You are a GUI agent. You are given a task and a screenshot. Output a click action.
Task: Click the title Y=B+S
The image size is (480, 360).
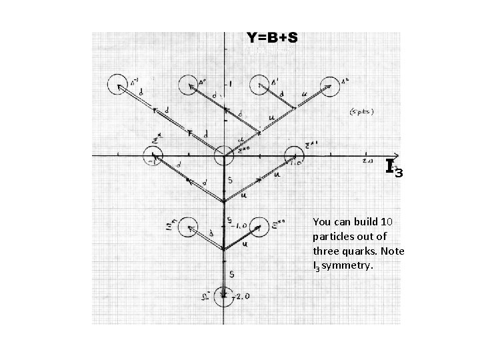point(272,37)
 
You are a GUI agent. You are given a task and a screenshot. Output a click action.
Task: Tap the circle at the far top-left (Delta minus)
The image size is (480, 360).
point(119,85)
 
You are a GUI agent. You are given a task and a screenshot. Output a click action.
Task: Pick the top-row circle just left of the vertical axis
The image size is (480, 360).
point(190,86)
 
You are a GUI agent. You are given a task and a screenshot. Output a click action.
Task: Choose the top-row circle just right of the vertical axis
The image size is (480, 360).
point(261,86)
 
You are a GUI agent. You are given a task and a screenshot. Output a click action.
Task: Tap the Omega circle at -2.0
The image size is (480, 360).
point(224,295)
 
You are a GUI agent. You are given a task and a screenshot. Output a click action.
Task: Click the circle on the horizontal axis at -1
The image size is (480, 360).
point(155,158)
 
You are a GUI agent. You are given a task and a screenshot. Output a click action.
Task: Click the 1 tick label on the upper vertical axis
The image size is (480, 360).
point(231,83)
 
